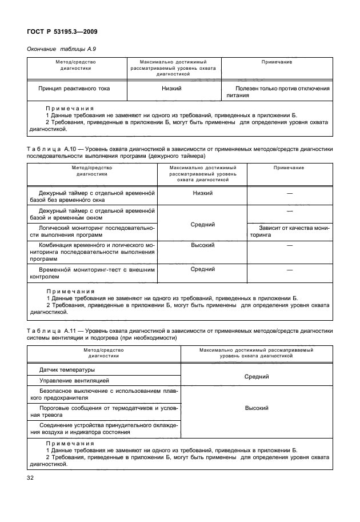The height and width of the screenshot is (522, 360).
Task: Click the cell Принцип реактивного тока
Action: click(74, 89)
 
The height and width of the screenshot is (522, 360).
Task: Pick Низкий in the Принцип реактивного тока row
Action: click(171, 89)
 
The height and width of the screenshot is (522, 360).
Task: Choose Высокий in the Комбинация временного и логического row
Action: click(203, 245)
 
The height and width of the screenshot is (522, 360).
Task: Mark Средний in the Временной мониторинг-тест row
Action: click(203, 269)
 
